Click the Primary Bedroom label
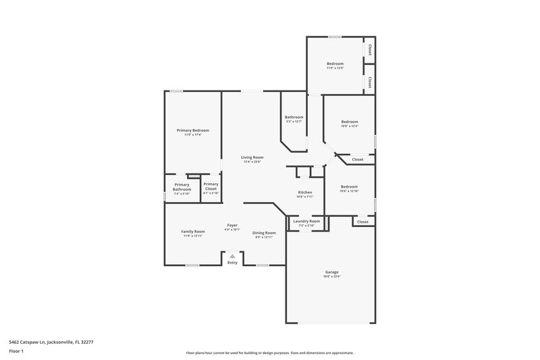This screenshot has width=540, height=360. [x=193, y=130]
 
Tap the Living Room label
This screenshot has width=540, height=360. [x=252, y=157]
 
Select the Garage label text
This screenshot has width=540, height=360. [x=331, y=272]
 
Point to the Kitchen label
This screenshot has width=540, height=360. [x=306, y=192]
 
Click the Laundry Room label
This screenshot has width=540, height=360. [x=306, y=221]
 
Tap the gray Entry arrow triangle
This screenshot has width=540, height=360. [x=232, y=256]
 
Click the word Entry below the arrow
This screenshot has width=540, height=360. [x=232, y=263]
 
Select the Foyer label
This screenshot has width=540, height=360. [x=232, y=225]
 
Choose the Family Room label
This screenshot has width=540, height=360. [x=193, y=232]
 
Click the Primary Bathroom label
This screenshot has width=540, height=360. [x=182, y=187]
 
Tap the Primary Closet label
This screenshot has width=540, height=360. [x=211, y=186]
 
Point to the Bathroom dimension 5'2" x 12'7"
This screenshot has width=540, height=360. [x=294, y=122]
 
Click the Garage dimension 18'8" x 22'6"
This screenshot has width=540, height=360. [x=331, y=276]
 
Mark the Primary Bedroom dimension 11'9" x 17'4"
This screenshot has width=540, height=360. [x=193, y=135]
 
